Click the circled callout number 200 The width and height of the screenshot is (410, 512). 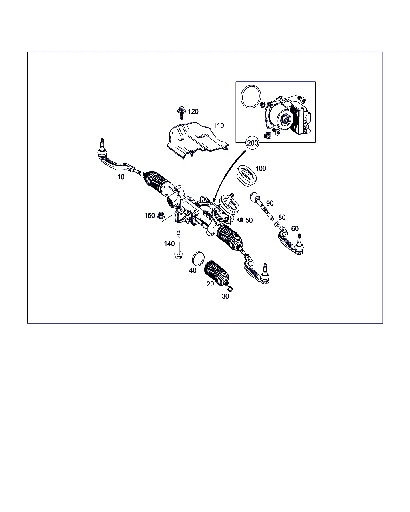coord(252,143)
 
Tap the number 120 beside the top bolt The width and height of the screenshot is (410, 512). coord(193,112)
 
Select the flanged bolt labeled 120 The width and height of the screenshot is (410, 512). coord(181,113)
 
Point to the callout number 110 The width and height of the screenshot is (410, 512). coord(219,126)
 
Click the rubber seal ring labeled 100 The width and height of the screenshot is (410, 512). coord(246,176)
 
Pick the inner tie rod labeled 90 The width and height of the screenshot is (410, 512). coord(261,206)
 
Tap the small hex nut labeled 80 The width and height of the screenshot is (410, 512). coord(277,224)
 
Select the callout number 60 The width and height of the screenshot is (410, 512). coord(295,229)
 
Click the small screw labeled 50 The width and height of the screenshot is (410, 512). coord(240,220)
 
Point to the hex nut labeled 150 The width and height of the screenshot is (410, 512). coord(161,216)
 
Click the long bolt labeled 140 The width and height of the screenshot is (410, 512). coord(179,244)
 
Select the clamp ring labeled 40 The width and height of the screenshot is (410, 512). coord(198,258)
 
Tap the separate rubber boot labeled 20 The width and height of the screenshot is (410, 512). coord(217,274)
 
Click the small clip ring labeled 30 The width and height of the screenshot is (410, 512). coord(230,289)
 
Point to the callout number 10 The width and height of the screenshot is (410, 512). coord(121,177)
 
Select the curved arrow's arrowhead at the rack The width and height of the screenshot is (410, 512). coord(214,199)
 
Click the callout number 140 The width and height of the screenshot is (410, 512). coord(169,244)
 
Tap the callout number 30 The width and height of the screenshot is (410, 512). coord(225,296)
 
